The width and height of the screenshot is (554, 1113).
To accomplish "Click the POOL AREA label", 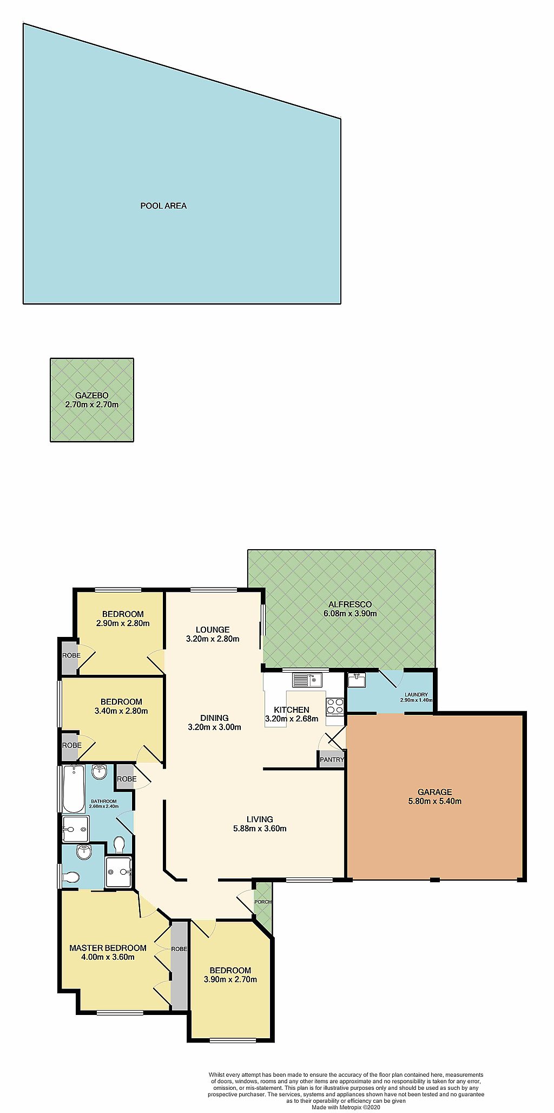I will tap(163, 206).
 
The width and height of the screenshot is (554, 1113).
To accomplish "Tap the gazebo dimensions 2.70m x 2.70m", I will tap(91, 405).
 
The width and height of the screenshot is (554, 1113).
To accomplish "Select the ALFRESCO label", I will tap(349, 604).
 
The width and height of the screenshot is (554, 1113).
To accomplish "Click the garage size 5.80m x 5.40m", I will tap(434, 801).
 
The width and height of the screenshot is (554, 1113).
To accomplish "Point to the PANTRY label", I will tap(332, 759).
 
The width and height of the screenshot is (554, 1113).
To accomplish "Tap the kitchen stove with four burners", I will tap(335, 706).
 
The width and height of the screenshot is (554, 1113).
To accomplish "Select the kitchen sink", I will tap(307, 680).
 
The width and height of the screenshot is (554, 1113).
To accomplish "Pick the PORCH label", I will tap(263, 902).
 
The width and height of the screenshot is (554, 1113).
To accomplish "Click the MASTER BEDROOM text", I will tap(108, 948).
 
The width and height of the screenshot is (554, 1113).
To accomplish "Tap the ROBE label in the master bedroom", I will tap(179, 949).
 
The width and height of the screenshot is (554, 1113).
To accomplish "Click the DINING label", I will tap(214, 718).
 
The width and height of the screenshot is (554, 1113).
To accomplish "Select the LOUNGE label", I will tap(213, 629).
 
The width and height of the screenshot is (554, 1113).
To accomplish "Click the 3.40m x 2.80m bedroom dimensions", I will tap(121, 711).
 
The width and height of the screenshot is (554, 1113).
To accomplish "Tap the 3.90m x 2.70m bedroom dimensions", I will tap(230, 979).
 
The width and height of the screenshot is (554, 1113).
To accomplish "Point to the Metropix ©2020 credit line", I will tap(346, 1107).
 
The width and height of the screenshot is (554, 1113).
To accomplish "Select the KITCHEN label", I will tap(292, 710).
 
